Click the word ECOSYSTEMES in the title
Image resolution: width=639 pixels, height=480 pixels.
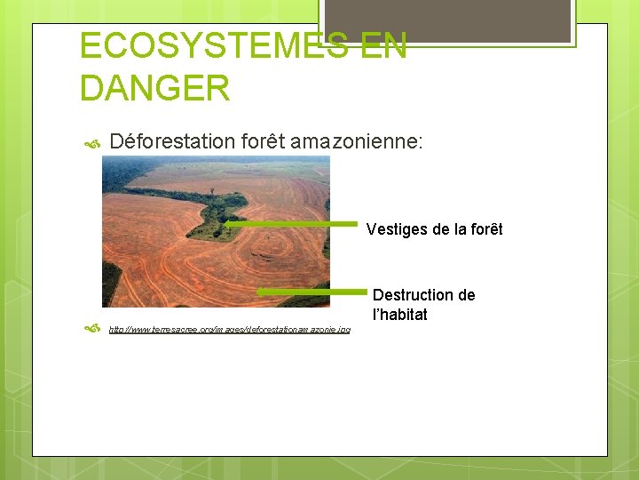pyautogui.click(x=212, y=45)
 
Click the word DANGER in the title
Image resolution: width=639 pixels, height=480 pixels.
pyautogui.click(x=154, y=88)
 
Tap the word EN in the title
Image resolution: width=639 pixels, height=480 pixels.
pyautogui.click(x=383, y=45)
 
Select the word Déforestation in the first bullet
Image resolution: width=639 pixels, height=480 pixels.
pyautogui.click(x=171, y=140)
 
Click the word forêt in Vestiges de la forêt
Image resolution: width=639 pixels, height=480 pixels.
pyautogui.click(x=484, y=229)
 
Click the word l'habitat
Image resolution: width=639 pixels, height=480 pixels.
pyautogui.click(x=399, y=315)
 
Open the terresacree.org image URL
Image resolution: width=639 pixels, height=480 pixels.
pyautogui.click(x=229, y=330)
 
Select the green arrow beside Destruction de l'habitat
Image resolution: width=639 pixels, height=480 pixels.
pyautogui.click(x=311, y=292)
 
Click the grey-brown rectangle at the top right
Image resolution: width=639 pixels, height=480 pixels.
pyautogui.click(x=446, y=20)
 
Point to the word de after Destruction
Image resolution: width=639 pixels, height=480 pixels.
pyautogui.click(x=465, y=295)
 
